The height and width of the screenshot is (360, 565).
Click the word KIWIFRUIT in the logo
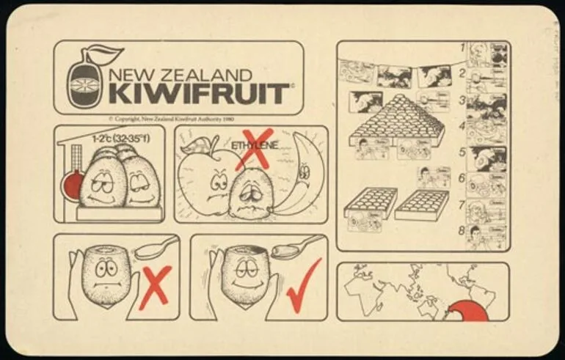tap(198, 93)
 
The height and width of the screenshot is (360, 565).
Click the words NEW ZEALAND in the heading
tap(180, 75)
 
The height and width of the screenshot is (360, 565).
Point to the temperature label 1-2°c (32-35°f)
tap(120, 138)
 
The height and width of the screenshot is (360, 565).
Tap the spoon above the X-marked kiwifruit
tap(156, 247)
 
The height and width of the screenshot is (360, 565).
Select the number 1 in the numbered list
tap(463, 48)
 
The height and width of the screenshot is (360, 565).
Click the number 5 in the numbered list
tap(463, 153)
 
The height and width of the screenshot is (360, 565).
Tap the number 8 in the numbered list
tap(463, 230)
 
